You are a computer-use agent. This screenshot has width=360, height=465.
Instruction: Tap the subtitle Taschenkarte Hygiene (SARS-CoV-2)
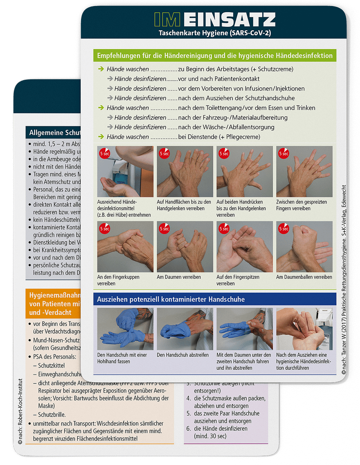coord(214,33)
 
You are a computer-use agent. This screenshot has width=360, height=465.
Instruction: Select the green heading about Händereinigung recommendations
coord(214,56)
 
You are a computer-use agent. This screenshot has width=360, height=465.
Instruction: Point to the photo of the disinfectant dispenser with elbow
coord(125,171)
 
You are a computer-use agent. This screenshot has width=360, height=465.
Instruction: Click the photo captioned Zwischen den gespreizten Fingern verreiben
coord(304,171)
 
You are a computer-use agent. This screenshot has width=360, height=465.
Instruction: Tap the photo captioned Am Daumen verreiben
coord(185,247)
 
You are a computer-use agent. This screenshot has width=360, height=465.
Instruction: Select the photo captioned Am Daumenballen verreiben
coord(304,247)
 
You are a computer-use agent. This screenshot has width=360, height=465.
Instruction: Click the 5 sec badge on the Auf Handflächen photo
coord(164,153)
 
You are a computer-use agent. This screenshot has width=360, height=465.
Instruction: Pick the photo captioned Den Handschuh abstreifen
coord(185,328)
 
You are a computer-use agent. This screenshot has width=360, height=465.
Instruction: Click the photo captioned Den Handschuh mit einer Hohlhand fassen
coord(125,328)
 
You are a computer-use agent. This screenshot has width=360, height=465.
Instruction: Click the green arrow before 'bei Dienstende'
coord(101,137)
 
